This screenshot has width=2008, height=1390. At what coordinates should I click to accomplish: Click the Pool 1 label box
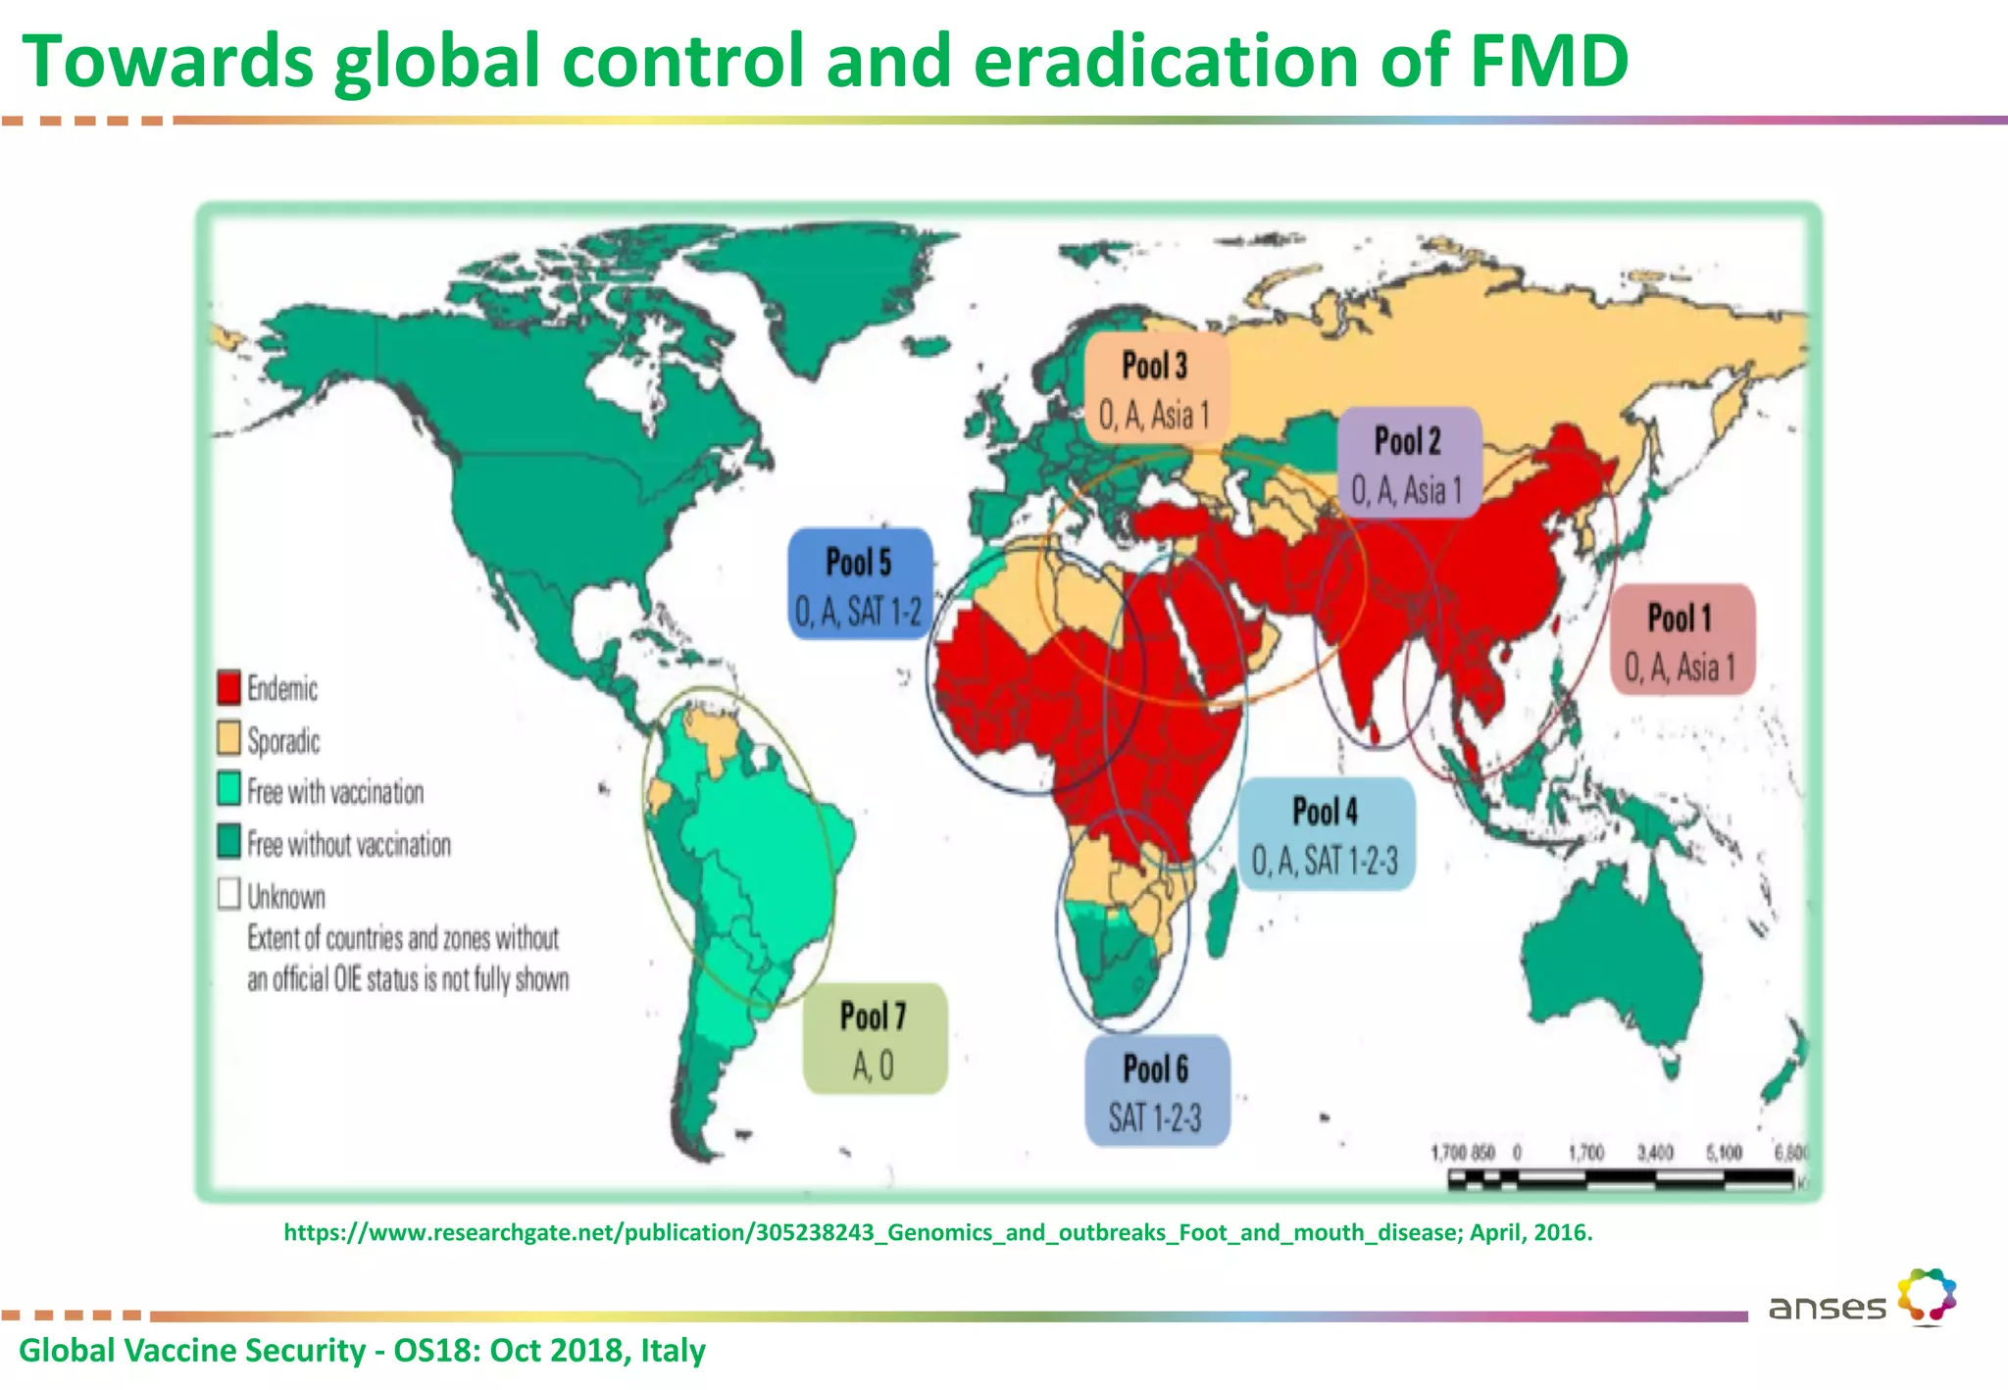click(x=1682, y=640)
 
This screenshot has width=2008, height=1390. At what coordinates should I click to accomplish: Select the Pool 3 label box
click(x=1155, y=388)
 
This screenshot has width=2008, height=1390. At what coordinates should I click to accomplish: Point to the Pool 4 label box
click(x=1326, y=834)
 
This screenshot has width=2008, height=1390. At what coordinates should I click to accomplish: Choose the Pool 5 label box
click(x=859, y=584)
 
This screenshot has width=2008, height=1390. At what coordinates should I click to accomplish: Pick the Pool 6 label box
click(x=1156, y=1090)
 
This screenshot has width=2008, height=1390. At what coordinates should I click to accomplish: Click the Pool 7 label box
click(x=874, y=1038)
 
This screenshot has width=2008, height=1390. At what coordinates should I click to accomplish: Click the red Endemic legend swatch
click(x=228, y=687)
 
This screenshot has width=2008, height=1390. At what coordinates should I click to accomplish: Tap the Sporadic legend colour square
click(x=228, y=738)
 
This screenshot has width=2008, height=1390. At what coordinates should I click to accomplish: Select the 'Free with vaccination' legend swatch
click(x=228, y=789)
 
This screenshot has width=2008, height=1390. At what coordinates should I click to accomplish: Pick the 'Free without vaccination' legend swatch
click(x=228, y=841)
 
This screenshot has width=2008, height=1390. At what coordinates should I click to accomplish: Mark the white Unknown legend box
click(x=228, y=893)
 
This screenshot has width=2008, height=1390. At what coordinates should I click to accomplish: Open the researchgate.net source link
click(x=937, y=1232)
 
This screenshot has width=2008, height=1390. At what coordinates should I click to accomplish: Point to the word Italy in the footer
click(x=673, y=1351)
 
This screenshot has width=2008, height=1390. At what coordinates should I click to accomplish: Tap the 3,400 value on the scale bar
click(x=1654, y=1152)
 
